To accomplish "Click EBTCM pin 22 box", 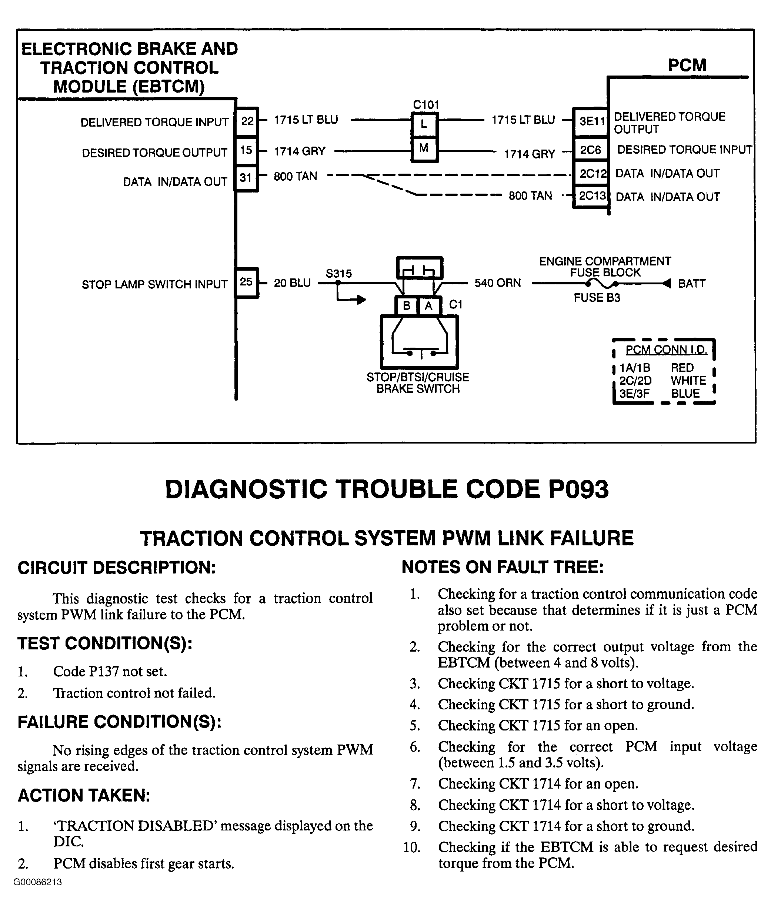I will coord(247,121).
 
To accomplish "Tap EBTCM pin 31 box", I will coord(246,178).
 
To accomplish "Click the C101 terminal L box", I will coord(424,124).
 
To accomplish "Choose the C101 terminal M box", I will coord(424,148).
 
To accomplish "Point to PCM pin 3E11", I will coord(591,121).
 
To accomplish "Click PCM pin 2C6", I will coord(591,150).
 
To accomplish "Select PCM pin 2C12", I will coord(592,174).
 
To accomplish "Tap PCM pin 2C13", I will coord(592,196).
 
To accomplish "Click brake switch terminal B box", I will coord(407,306).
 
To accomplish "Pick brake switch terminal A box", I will coord(429,306).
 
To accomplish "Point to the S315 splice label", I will coord(339,274).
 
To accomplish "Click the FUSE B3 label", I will coord(597,298).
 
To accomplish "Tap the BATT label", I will coord(691,284).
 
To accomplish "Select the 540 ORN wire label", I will coord(497,283).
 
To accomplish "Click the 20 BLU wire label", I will coord(292,283).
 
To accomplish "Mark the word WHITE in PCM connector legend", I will coord(688,381).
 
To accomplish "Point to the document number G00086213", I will coord(38,882).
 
